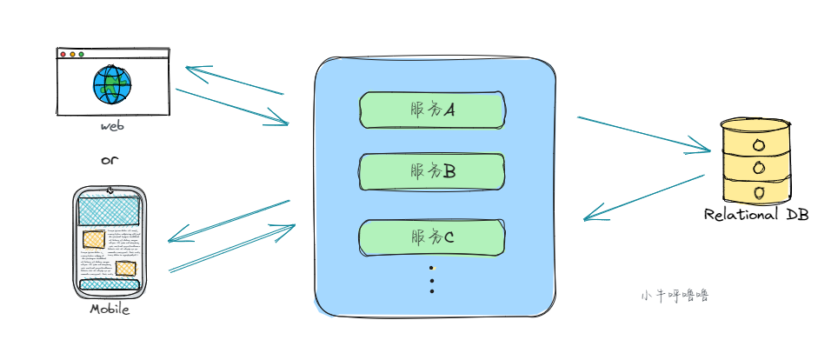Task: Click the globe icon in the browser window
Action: (113, 84)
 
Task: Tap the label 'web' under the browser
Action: (112, 126)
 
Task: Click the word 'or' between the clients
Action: (109, 160)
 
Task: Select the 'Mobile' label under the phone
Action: (110, 309)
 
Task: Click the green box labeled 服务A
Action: (432, 109)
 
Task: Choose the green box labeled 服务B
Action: (432, 171)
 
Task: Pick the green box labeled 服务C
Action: (432, 237)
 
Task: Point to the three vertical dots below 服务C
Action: (432, 279)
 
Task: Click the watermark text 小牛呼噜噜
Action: (675, 296)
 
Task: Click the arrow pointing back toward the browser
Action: (235, 80)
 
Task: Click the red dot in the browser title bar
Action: (63, 55)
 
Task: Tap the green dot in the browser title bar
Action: (81, 55)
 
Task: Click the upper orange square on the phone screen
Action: (93, 237)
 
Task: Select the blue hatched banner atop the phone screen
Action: (109, 210)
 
